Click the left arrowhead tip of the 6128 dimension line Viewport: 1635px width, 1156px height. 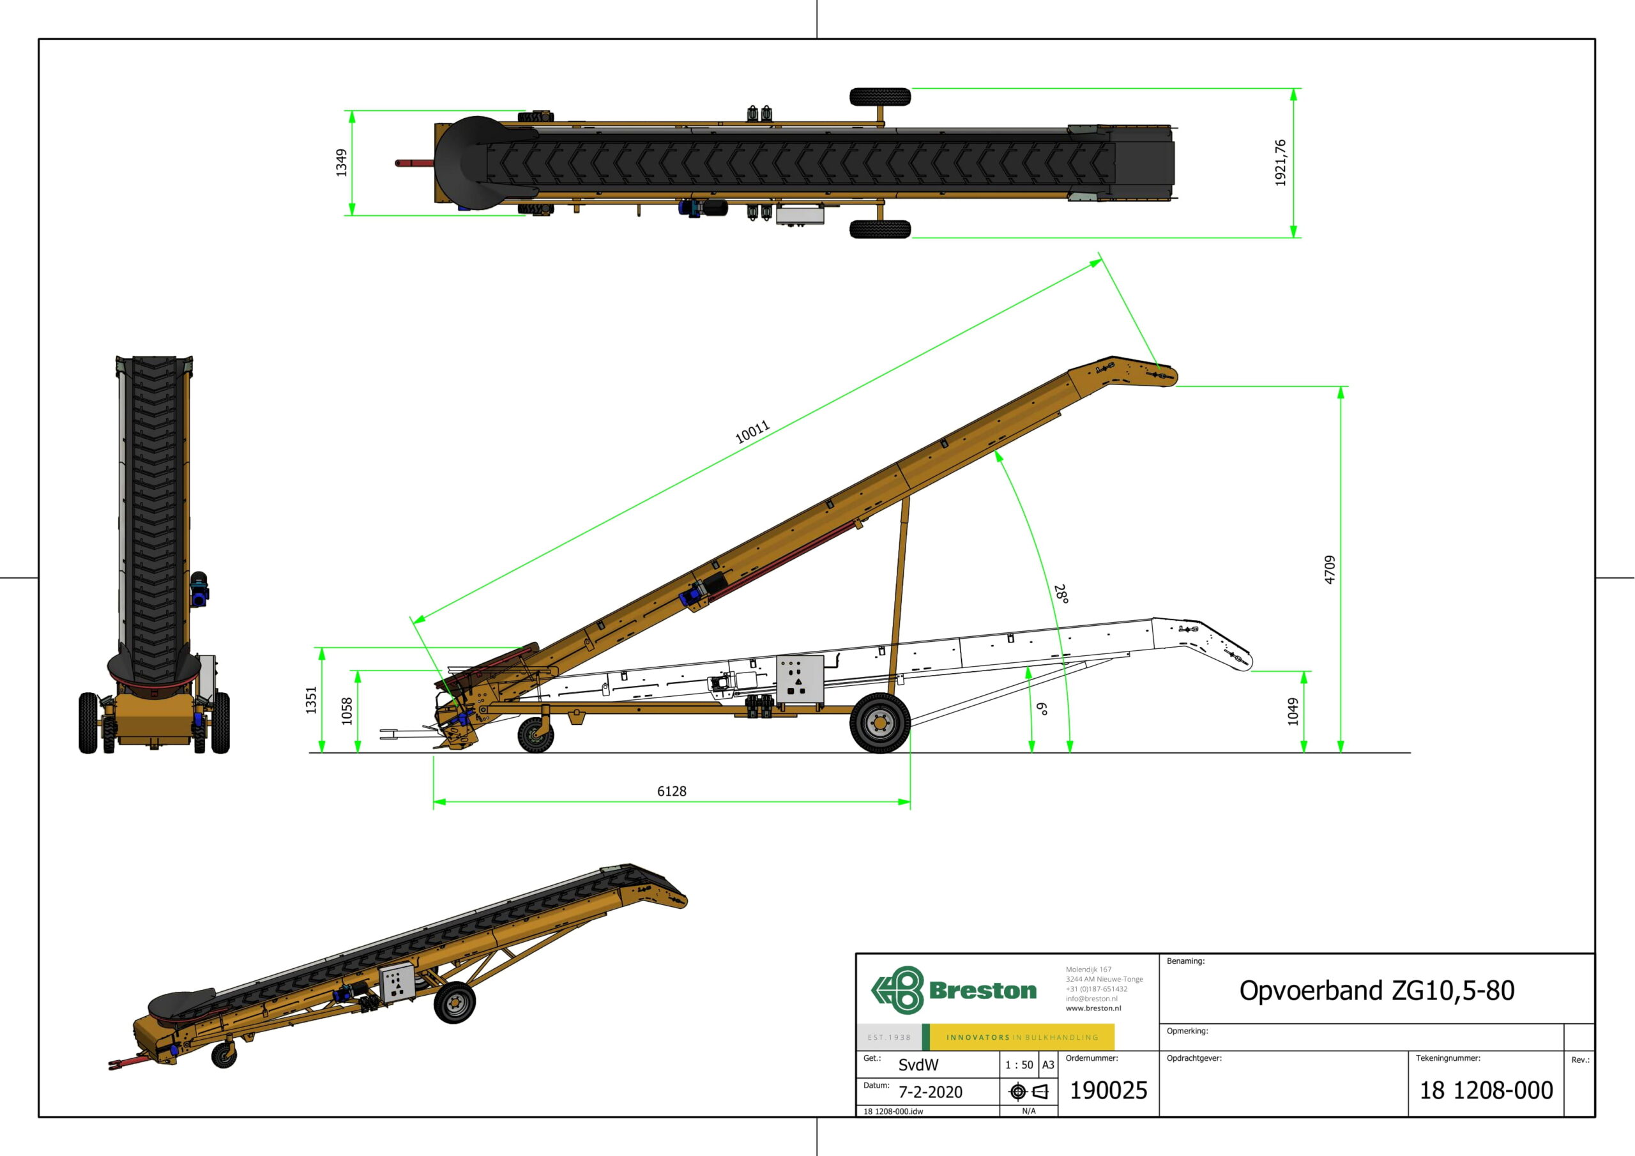tap(434, 802)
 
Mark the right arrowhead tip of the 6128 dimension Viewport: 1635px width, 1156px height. tap(910, 802)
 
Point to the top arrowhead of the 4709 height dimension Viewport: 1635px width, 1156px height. tap(1341, 387)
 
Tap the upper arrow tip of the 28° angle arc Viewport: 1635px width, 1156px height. tap(996, 451)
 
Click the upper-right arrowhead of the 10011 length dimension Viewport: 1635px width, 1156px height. tap(1102, 261)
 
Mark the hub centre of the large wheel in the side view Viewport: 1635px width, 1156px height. tap(880, 723)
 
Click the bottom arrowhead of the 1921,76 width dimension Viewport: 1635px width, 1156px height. tap(1294, 237)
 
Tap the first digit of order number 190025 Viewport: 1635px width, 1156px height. tap(1076, 1090)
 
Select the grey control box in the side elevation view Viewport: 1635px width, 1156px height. tap(800, 680)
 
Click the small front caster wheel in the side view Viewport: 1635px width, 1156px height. tap(535, 735)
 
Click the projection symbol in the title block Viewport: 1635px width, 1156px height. tap(1029, 1091)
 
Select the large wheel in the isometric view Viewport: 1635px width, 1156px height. tap(454, 1002)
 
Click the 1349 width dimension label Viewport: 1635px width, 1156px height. tap(342, 163)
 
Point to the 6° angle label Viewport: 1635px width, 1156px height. tap(1042, 709)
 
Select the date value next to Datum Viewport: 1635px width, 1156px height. tap(930, 1092)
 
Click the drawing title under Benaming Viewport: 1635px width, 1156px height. tap(1376, 991)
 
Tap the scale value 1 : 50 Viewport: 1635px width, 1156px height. tap(1019, 1065)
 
